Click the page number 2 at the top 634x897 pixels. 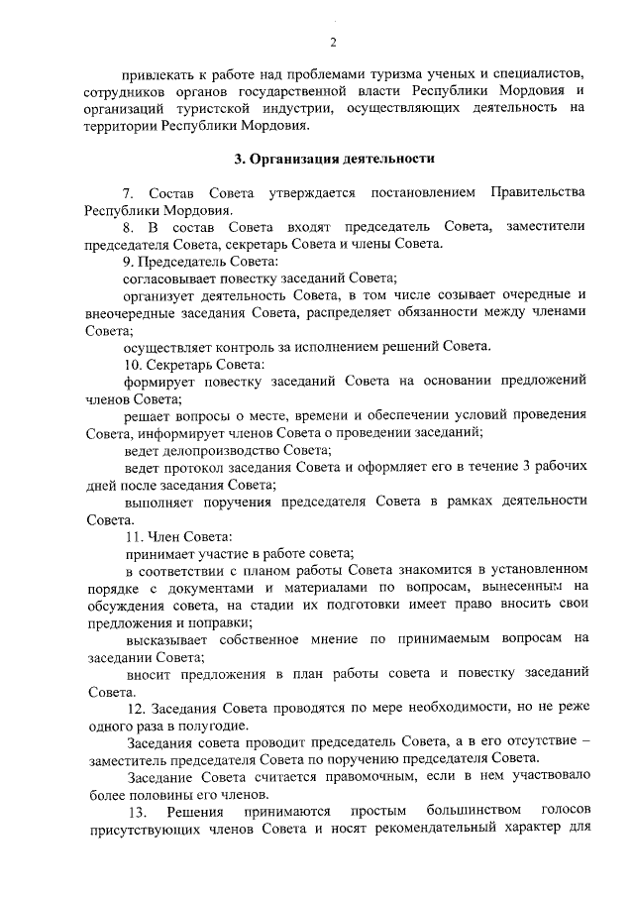pyautogui.click(x=334, y=41)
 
